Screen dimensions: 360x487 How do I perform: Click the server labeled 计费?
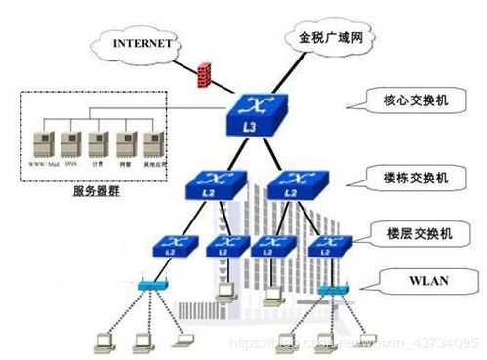98,143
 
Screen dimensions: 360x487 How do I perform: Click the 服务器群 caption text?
98,192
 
